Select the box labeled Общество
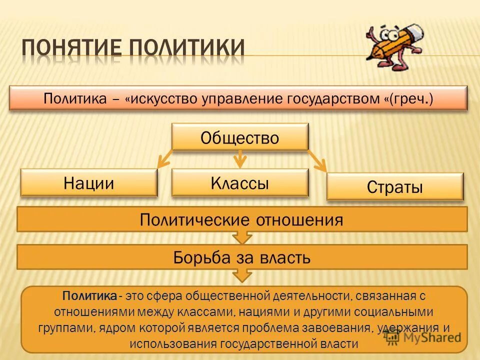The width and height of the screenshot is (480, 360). (240, 137)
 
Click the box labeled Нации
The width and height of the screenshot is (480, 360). (89, 183)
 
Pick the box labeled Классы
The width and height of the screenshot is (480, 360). (240, 183)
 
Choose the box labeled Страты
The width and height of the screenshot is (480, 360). (395, 187)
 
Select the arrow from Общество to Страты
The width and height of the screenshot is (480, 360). (317, 161)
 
